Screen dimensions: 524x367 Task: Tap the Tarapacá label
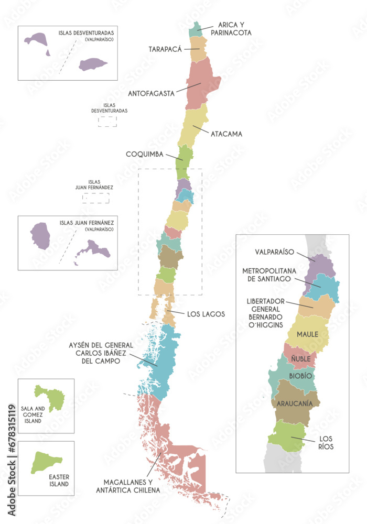[165, 49]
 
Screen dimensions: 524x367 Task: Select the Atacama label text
[226, 134]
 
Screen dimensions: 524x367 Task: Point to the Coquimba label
[144, 154]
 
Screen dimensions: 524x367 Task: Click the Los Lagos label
[206, 314]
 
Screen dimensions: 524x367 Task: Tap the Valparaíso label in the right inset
[274, 251]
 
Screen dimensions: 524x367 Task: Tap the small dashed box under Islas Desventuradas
[107, 122]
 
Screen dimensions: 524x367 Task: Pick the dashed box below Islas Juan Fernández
[95, 198]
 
